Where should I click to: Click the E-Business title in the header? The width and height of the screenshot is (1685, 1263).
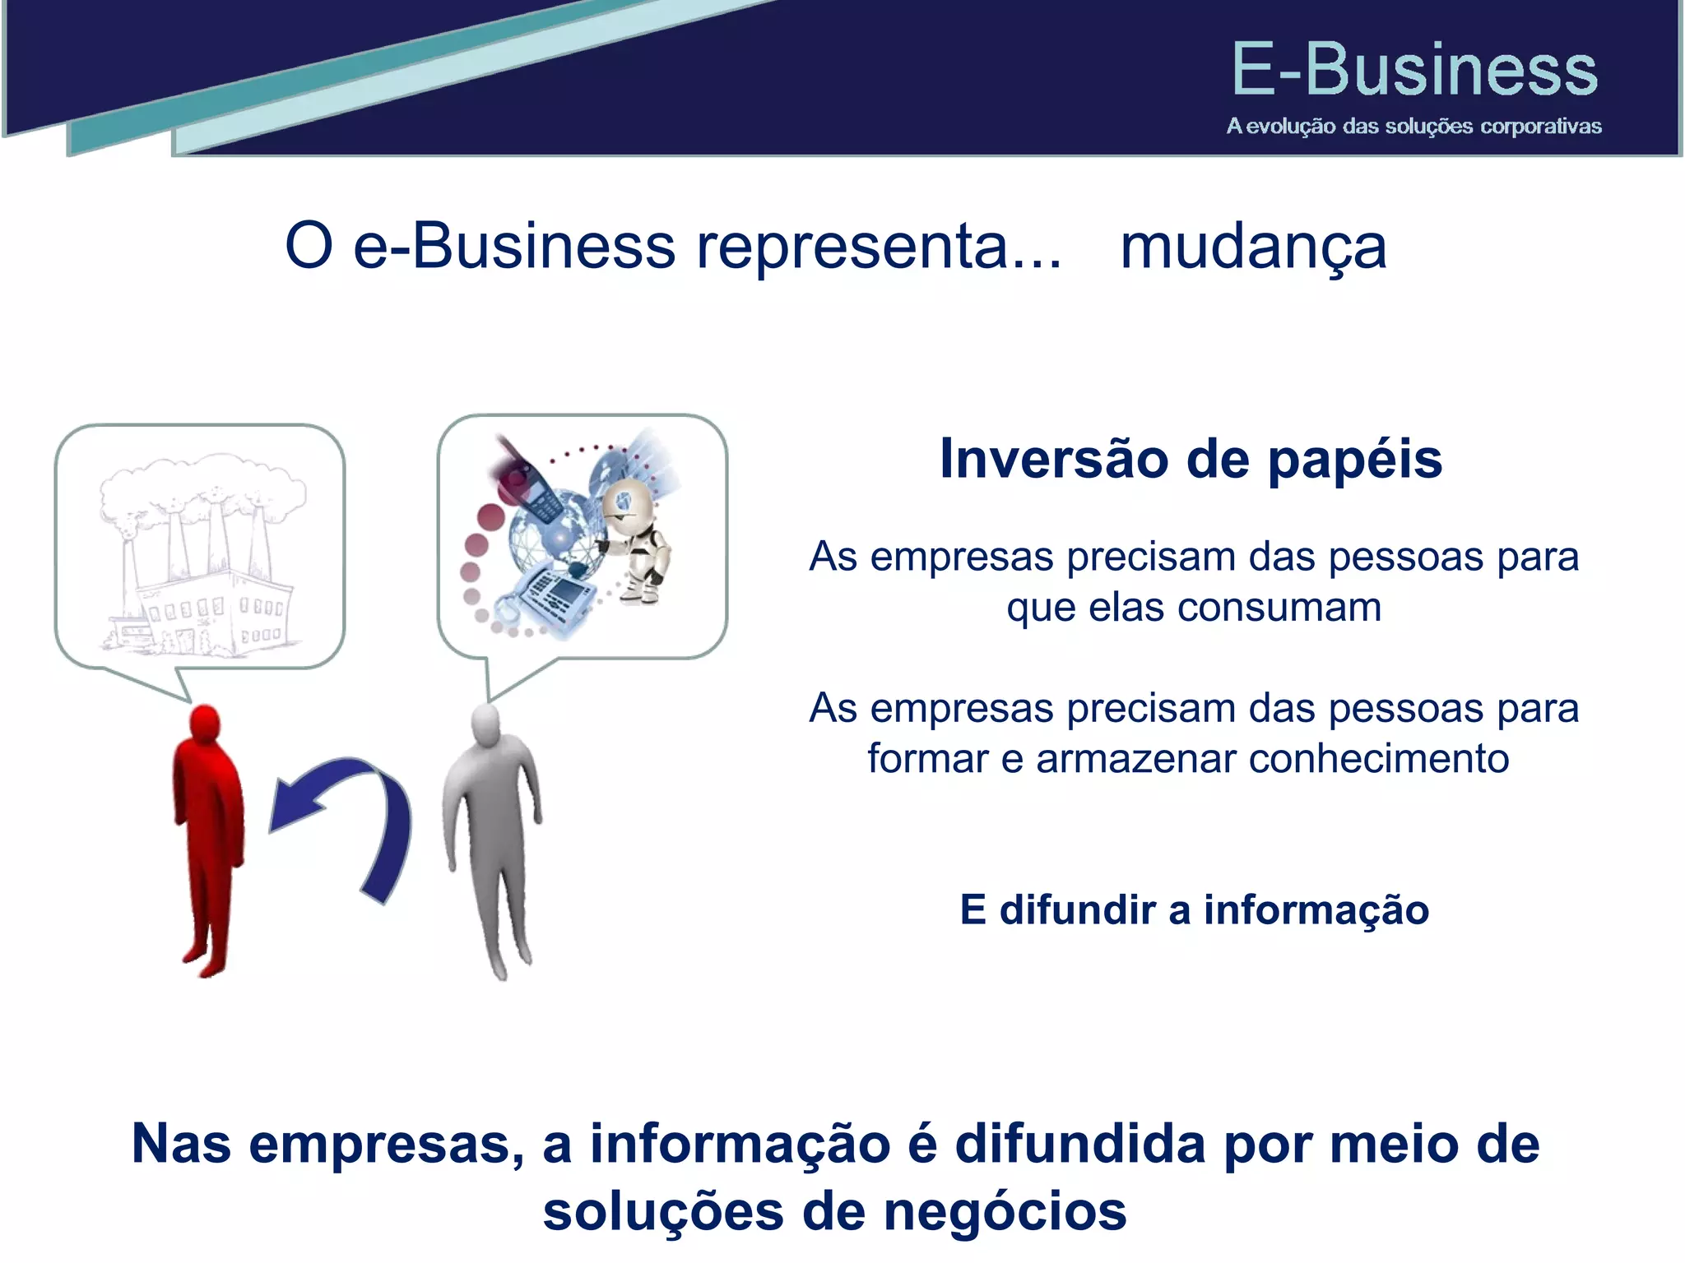1413,70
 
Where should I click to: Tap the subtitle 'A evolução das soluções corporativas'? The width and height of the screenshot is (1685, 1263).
1413,127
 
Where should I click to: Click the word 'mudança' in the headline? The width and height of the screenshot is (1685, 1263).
1253,247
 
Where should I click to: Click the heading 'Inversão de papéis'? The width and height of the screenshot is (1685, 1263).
1191,459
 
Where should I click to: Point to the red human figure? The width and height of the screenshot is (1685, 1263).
208,839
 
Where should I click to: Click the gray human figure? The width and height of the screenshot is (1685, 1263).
492,839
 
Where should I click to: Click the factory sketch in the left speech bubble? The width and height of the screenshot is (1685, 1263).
201,559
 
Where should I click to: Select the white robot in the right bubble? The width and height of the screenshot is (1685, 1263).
638,539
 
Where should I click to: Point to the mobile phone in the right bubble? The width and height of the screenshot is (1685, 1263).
531,485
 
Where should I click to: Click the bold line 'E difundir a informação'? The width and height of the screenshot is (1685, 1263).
1194,910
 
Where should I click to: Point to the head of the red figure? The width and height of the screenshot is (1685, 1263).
205,724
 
